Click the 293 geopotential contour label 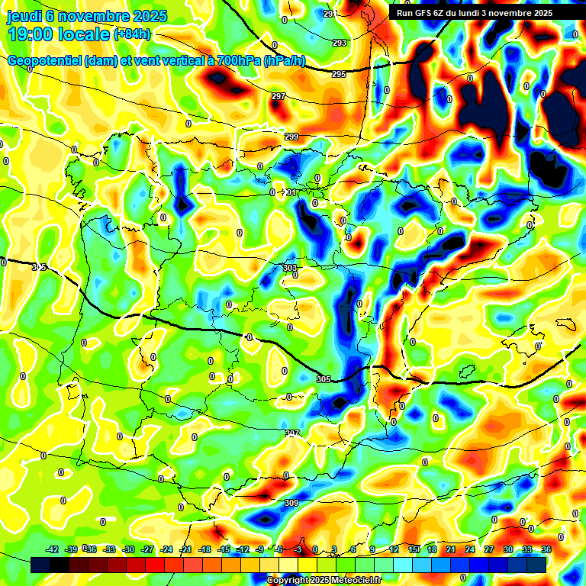[339, 43]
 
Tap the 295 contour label [339, 74]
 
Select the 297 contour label [279, 96]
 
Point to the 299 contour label [291, 137]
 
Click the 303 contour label [289, 268]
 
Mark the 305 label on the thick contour [323, 379]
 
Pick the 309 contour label [291, 503]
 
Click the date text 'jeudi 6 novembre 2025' [80, 16]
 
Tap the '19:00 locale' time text [59, 34]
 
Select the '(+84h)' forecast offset [132, 34]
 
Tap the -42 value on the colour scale [53, 549]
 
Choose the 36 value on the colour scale [546, 549]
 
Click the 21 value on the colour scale [451, 549]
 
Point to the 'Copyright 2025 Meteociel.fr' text [324, 581]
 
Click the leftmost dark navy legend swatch [40, 565]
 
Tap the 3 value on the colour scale [334, 549]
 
